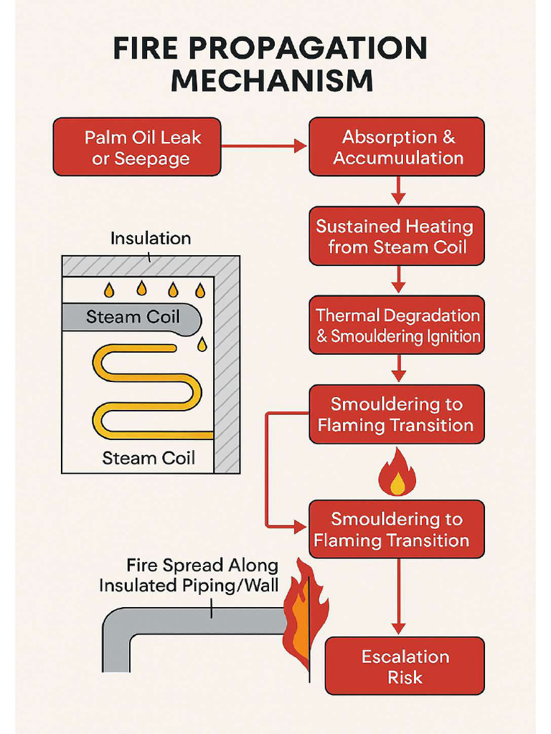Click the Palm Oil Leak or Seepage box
click(137, 147)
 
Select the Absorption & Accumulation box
click(397, 147)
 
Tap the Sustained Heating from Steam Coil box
click(397, 237)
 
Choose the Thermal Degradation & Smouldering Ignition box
click(397, 325)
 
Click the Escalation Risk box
click(405, 666)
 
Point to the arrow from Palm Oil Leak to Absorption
click(264, 146)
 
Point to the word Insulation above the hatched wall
click(151, 238)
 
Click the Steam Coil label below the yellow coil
click(149, 457)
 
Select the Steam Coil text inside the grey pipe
click(133, 317)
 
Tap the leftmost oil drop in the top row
click(109, 290)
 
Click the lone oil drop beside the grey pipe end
click(202, 345)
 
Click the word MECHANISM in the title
click(272, 80)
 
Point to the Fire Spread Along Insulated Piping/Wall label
click(188, 575)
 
